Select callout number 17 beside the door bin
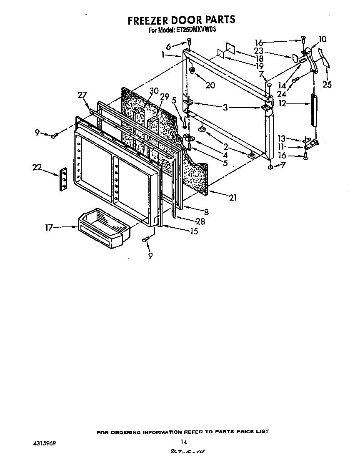(50, 227)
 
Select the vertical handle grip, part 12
(313, 111)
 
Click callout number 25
(327, 85)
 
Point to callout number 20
(210, 85)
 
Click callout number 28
(200, 221)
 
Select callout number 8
(205, 212)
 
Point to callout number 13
(282, 138)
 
